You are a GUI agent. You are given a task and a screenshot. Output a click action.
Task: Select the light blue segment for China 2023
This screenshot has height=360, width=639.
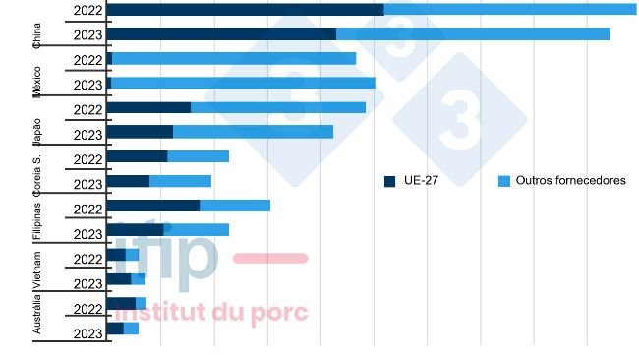click(472, 34)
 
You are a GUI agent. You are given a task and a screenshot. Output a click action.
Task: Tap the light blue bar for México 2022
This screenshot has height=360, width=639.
click(234, 59)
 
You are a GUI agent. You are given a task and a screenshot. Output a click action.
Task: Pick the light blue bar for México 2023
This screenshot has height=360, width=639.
click(243, 84)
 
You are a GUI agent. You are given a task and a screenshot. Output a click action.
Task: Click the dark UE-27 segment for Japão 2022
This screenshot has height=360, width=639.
click(147, 107)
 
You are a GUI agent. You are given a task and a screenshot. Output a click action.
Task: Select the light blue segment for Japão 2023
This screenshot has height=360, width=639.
click(253, 132)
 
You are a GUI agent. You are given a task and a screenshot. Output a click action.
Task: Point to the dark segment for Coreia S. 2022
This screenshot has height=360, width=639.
click(136, 156)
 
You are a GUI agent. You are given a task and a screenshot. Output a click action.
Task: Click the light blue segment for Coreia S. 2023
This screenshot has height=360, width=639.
click(180, 181)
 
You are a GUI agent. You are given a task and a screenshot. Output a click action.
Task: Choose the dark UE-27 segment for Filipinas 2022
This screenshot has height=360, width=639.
click(152, 206)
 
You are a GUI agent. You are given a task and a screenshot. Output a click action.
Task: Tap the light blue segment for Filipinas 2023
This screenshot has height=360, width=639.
click(196, 230)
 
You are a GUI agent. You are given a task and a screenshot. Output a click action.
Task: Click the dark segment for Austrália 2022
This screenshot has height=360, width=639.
click(120, 304)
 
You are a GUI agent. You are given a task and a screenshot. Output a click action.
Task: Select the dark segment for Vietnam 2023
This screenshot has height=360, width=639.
click(118, 279)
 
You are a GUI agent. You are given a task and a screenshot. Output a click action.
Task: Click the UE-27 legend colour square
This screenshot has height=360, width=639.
click(389, 181)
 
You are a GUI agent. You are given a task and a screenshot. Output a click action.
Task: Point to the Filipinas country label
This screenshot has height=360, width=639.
click(37, 218)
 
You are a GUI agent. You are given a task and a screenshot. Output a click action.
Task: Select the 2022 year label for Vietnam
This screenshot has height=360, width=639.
click(87, 259)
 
